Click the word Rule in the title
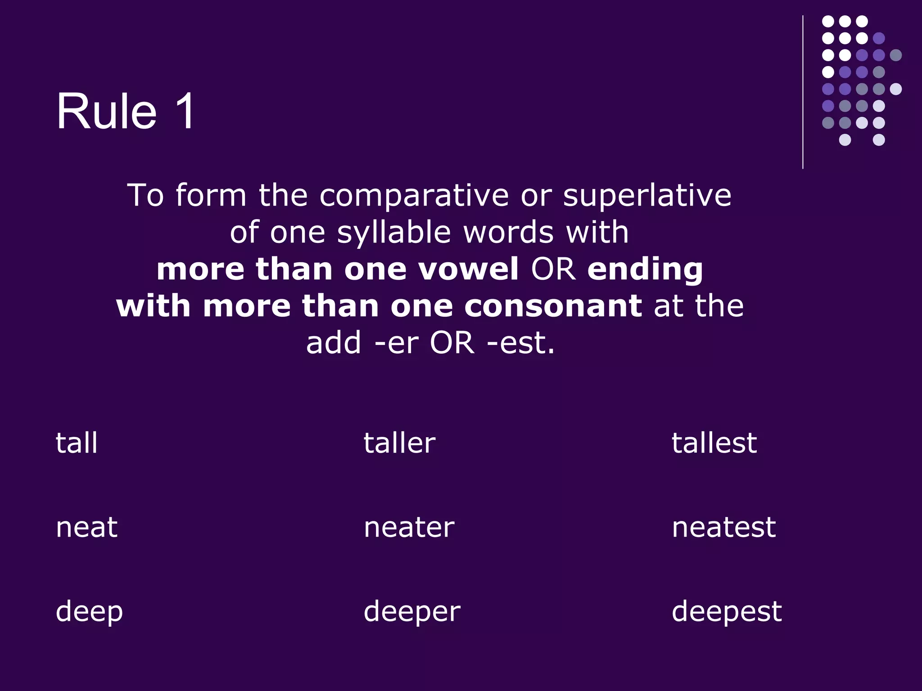click(x=106, y=111)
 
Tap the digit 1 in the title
click(x=184, y=111)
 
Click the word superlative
click(x=647, y=196)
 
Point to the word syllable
click(x=394, y=233)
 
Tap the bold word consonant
click(x=553, y=306)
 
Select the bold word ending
click(x=645, y=270)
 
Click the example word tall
click(x=77, y=443)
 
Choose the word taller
click(x=399, y=443)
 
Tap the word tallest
click(x=714, y=443)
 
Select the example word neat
click(x=86, y=527)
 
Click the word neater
click(x=409, y=527)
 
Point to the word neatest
click(x=723, y=527)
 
